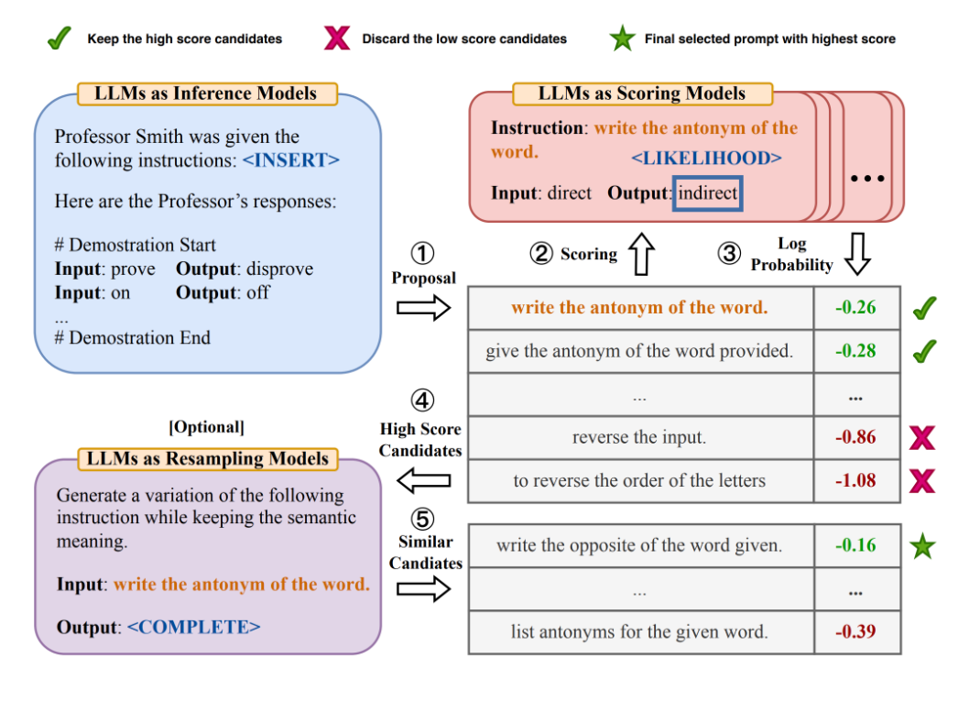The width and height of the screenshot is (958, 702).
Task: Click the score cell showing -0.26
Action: (x=856, y=308)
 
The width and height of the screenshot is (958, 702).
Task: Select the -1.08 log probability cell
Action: (x=856, y=480)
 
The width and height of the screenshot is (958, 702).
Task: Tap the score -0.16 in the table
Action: (x=856, y=545)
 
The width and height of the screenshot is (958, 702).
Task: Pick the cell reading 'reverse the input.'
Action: (x=640, y=437)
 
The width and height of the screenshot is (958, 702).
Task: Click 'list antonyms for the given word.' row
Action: (x=640, y=631)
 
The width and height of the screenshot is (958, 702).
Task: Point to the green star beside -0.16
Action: (x=922, y=546)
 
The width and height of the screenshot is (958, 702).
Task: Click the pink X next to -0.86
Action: (x=922, y=438)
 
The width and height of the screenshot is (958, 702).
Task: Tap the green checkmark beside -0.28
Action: (x=924, y=351)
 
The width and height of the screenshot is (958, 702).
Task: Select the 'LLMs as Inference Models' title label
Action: (x=207, y=93)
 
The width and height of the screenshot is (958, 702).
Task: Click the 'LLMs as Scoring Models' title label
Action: (x=642, y=93)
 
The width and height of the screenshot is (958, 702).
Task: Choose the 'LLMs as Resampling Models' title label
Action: (x=208, y=458)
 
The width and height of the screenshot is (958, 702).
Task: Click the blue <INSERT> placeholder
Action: (x=291, y=160)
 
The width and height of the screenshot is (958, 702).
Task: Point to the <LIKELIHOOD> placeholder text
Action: (x=706, y=159)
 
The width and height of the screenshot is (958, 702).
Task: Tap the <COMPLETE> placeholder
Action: (x=194, y=628)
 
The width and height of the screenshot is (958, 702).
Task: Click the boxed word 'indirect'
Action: (x=707, y=193)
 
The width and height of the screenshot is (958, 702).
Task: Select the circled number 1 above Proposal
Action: (x=422, y=253)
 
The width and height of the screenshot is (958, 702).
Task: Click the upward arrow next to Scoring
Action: (x=641, y=254)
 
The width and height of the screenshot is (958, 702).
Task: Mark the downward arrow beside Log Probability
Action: (x=858, y=254)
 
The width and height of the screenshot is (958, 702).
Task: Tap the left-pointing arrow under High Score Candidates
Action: (x=424, y=480)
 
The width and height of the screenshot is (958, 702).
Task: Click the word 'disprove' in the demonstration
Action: (x=280, y=269)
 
